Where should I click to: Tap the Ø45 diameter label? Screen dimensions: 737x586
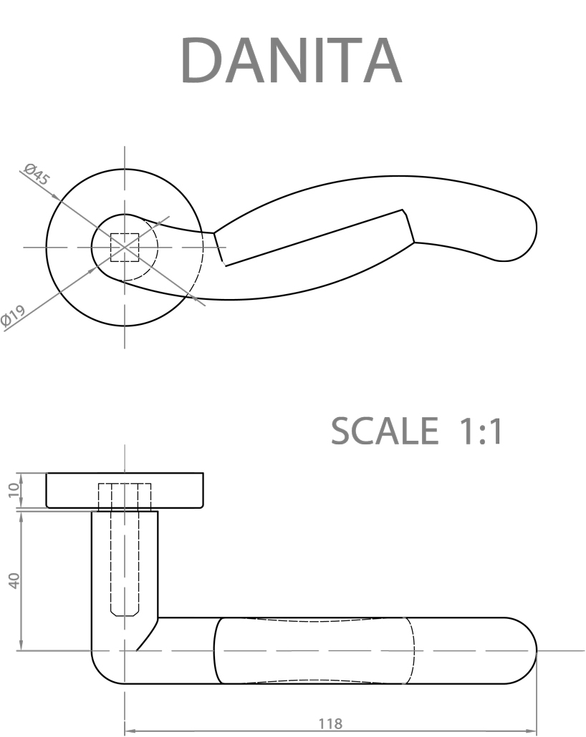[37, 175]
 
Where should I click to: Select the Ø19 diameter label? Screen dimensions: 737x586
[14, 316]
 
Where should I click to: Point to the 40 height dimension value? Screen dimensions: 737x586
[12, 580]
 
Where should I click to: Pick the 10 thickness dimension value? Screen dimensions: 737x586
[12, 490]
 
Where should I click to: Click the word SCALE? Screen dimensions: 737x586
[384, 431]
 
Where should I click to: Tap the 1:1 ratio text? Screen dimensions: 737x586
[479, 431]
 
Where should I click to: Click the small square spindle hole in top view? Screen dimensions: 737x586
[125, 247]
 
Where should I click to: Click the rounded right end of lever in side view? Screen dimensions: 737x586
[523, 650]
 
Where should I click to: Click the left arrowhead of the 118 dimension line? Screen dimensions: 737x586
[130, 731]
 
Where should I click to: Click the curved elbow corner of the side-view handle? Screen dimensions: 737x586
[104, 669]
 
